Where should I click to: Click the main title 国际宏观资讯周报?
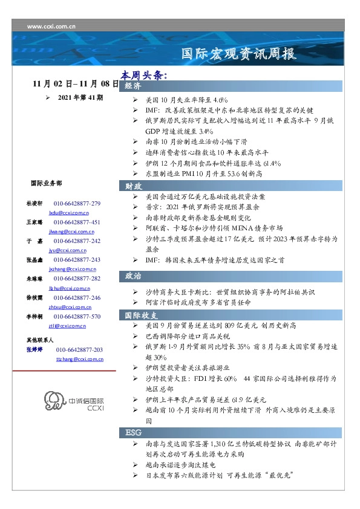point(240,54)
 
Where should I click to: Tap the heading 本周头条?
point(143,76)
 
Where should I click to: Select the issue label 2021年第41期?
point(80,97)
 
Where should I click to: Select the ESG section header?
point(134,433)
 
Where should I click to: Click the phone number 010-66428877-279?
point(77,204)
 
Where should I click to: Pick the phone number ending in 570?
point(77,316)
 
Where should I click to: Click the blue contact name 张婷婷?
point(34,350)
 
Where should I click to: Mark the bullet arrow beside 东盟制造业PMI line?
point(136,173)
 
